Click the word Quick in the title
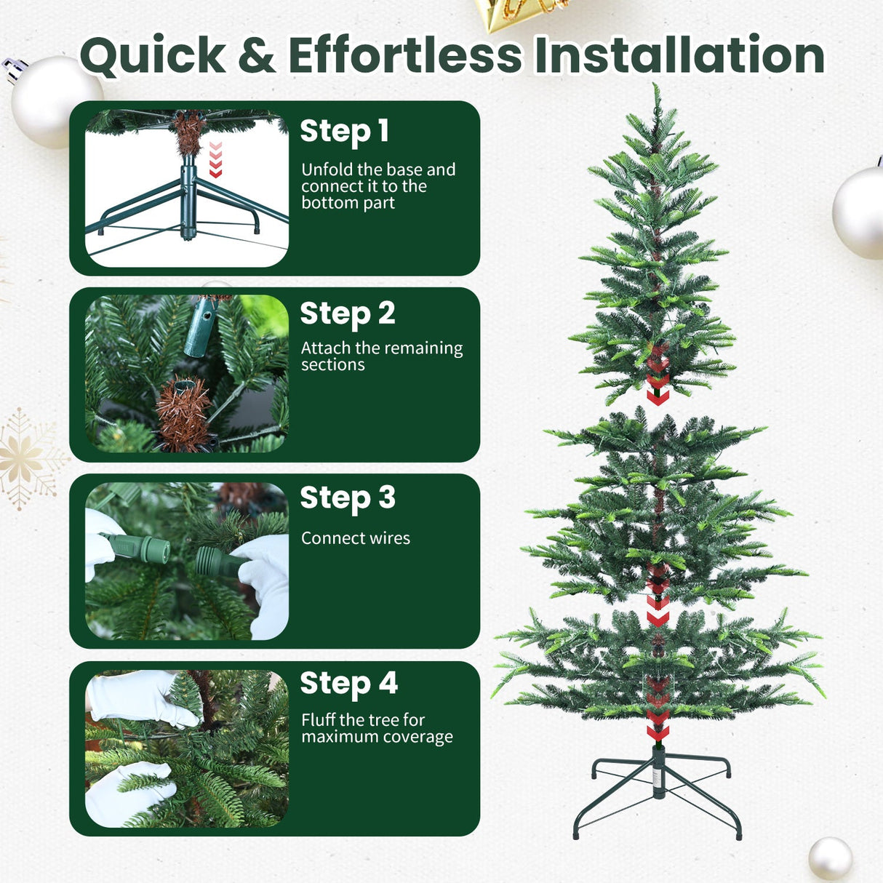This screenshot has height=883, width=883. point(153,56)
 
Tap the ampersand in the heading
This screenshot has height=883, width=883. point(257,56)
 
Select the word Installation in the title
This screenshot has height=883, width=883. point(679,56)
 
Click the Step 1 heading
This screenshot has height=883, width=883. point(344,132)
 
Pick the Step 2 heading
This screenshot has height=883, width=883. point(348,313)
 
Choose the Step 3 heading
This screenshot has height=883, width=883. point(348,498)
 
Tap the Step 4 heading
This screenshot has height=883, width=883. point(349,684)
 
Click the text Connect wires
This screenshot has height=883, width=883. point(356,538)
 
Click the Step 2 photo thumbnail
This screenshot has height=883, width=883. point(187,373)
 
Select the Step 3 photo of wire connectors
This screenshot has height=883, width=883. point(187,561)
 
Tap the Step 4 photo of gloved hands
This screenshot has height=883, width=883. point(187,748)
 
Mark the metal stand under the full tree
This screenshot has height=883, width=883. point(658,796)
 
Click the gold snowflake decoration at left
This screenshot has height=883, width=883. point(26,458)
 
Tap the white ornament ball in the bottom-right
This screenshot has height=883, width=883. point(830,858)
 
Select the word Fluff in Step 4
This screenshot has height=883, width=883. point(318,720)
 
